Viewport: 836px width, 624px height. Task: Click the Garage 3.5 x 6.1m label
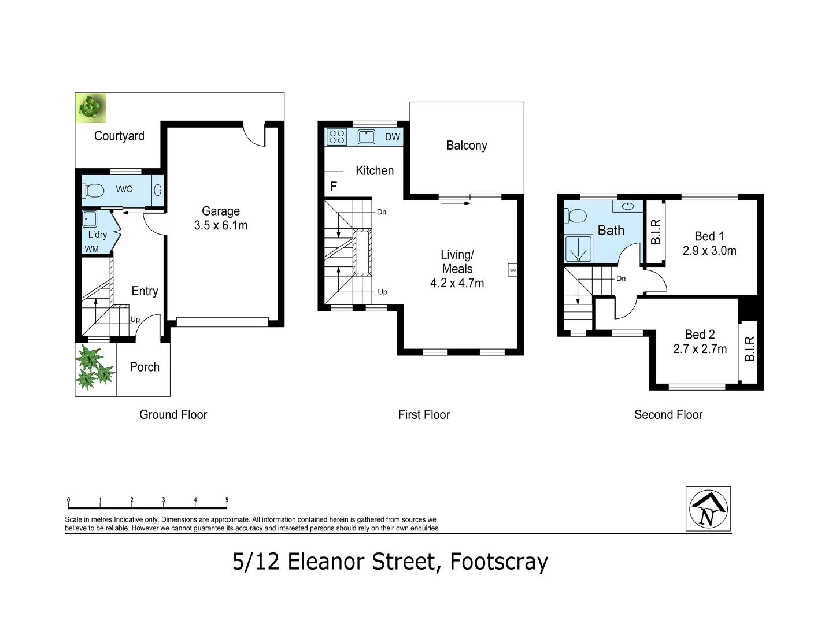pos(221,218)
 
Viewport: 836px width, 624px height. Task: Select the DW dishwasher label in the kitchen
pos(392,137)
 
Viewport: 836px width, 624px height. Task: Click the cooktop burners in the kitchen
pos(336,137)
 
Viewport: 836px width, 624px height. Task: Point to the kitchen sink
pos(367,137)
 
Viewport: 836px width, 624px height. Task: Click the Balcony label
pos(467,146)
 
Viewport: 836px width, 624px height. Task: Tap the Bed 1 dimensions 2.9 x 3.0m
pos(709,251)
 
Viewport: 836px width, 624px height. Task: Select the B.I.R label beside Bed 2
pos(750,349)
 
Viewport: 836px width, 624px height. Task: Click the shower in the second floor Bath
pos(578,250)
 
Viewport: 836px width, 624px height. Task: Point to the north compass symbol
pos(708,509)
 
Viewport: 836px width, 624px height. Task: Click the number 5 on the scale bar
pos(227,500)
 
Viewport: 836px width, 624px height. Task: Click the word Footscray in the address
pos(498,562)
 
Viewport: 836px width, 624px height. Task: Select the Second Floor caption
pos(668,414)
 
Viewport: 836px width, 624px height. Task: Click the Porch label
pos(145,367)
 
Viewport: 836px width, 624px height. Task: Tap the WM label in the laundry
pos(91,250)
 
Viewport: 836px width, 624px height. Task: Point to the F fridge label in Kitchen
pos(334,187)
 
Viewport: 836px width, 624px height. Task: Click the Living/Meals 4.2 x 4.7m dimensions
pos(457,283)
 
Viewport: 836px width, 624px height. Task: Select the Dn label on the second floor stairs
pos(621,278)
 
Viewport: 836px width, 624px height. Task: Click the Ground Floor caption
pos(173,414)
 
